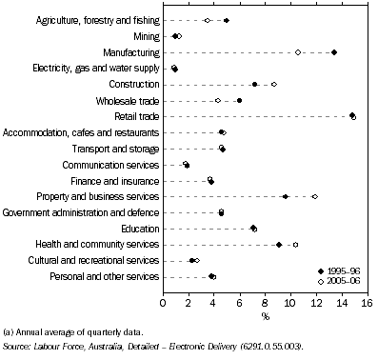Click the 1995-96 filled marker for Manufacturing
pos(334,52)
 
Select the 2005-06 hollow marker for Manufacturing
pos(298,52)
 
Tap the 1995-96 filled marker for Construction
pos(255,85)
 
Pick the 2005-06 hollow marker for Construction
pos(274,85)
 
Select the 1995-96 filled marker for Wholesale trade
pos(239,100)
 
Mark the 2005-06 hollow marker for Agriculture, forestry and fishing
pos(208,20)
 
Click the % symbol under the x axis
pos(265,315)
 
